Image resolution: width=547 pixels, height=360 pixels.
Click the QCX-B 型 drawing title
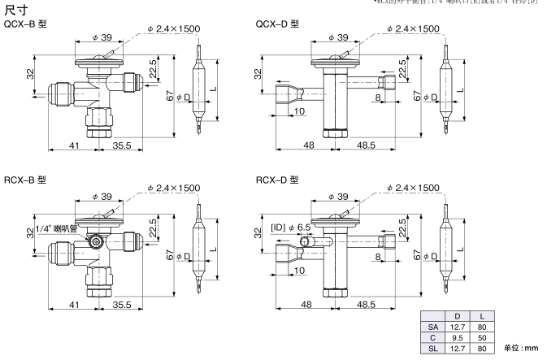(x=26, y=25)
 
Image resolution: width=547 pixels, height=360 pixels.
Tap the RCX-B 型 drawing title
(x=26, y=179)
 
